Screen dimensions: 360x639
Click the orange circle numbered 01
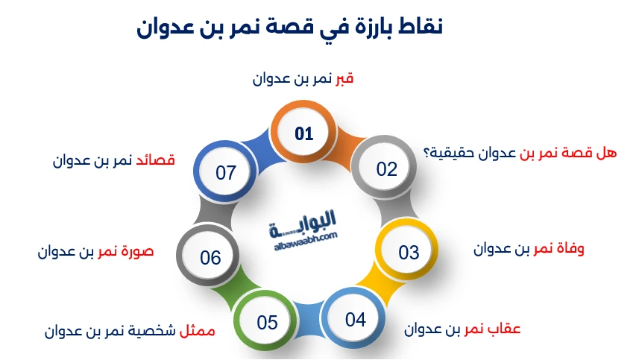point(303,134)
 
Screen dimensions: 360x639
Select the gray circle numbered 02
point(386,168)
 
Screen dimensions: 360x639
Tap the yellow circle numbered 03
point(409,252)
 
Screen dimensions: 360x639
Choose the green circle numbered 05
point(267,322)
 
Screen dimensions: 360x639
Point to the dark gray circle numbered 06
point(210,257)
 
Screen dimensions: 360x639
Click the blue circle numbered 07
point(225,173)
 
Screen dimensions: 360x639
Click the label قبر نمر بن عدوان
point(303,79)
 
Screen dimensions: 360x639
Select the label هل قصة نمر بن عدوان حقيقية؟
point(520,153)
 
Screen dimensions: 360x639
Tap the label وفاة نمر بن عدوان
point(529,249)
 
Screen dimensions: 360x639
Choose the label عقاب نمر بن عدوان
point(462,329)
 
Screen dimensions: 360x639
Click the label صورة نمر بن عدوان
point(95,251)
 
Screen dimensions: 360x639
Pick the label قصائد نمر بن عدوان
point(114,160)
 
